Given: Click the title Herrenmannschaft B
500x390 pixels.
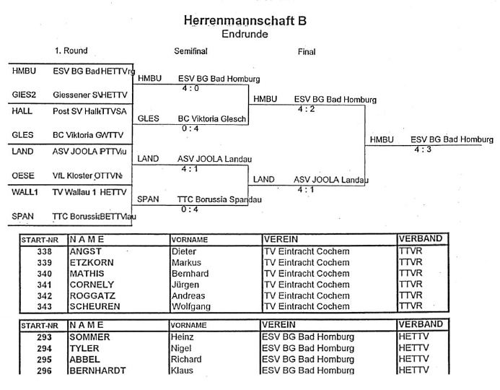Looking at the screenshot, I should [245, 22].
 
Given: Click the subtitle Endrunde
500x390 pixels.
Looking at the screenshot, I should [245, 34].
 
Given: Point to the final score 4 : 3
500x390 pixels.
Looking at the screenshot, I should [424, 149].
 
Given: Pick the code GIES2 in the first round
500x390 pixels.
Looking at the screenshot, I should [25, 95].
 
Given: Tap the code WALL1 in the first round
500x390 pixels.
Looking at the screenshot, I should [26, 193].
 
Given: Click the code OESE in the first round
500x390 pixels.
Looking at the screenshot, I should [23, 175].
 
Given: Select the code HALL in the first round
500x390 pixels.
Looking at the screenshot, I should [22, 112].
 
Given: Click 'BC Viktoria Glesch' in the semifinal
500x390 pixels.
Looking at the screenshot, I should [212, 118].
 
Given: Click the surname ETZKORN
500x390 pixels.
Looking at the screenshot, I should [92, 262].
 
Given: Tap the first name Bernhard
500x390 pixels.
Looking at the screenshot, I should [190, 274].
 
